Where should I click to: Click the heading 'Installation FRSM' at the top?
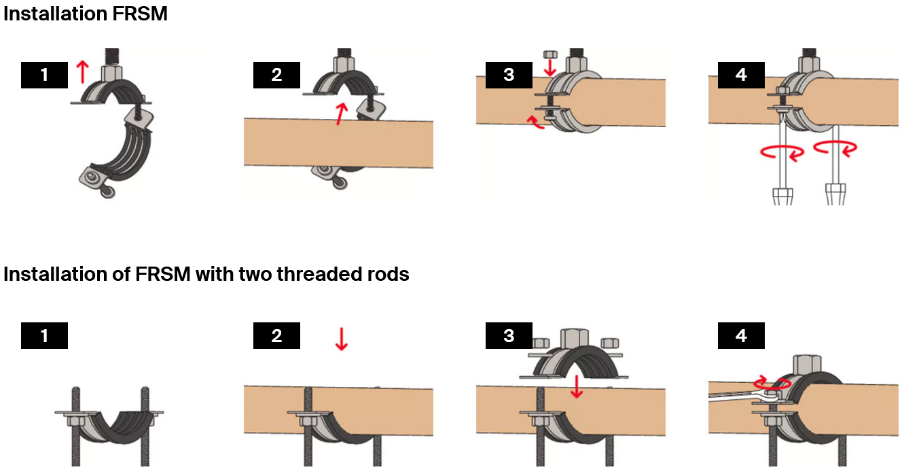pos(86,14)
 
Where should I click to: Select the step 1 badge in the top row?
pos(45,75)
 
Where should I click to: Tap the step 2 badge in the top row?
pos(276,75)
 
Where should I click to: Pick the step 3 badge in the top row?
pos(509,75)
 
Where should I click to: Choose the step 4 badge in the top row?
pos(741,75)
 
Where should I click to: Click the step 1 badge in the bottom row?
pos(45,335)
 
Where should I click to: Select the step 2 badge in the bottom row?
pos(276,335)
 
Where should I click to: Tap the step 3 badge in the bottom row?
pos(509,335)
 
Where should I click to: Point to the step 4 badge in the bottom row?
pos(741,335)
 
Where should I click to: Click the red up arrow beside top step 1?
pos(82,71)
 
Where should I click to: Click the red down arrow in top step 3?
pos(550,67)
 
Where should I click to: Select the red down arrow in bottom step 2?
pos(341,339)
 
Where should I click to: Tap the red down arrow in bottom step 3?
pos(577,386)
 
